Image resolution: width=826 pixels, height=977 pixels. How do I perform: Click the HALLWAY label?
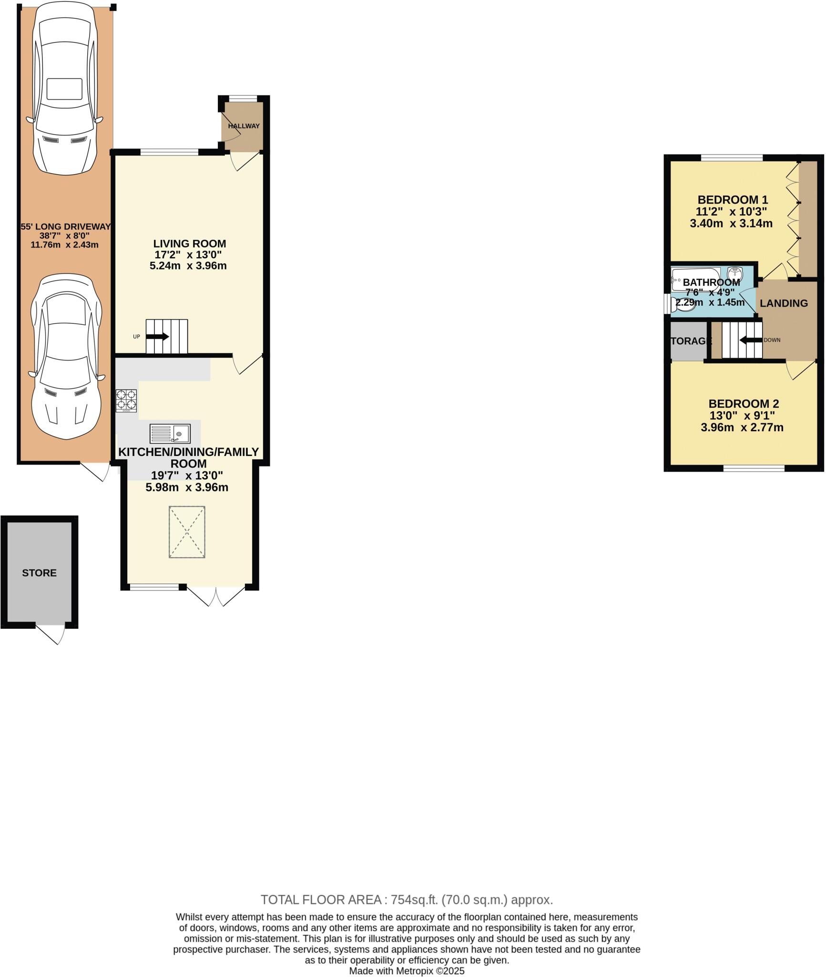click(x=244, y=126)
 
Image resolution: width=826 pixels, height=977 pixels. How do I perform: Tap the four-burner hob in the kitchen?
click(x=126, y=401)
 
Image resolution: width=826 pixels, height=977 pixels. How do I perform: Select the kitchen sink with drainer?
click(x=170, y=434)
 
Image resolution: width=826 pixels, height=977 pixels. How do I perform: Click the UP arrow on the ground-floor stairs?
click(x=157, y=336)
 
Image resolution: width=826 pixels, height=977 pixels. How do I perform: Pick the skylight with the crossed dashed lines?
click(x=187, y=532)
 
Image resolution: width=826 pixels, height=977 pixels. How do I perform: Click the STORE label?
click(x=39, y=573)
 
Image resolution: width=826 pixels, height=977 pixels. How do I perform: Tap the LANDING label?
click(x=784, y=303)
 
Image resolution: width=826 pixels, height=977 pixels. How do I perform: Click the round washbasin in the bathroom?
click(x=735, y=273)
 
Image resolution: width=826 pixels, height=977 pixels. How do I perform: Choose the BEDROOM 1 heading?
click(x=733, y=200)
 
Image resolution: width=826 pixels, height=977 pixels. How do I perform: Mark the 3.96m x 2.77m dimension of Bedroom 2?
click(x=742, y=427)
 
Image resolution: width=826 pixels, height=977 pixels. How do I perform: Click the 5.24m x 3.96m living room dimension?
click(x=188, y=266)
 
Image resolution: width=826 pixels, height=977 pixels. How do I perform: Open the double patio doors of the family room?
click(x=216, y=595)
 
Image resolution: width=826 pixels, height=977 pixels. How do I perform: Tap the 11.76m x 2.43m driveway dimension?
click(x=64, y=245)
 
